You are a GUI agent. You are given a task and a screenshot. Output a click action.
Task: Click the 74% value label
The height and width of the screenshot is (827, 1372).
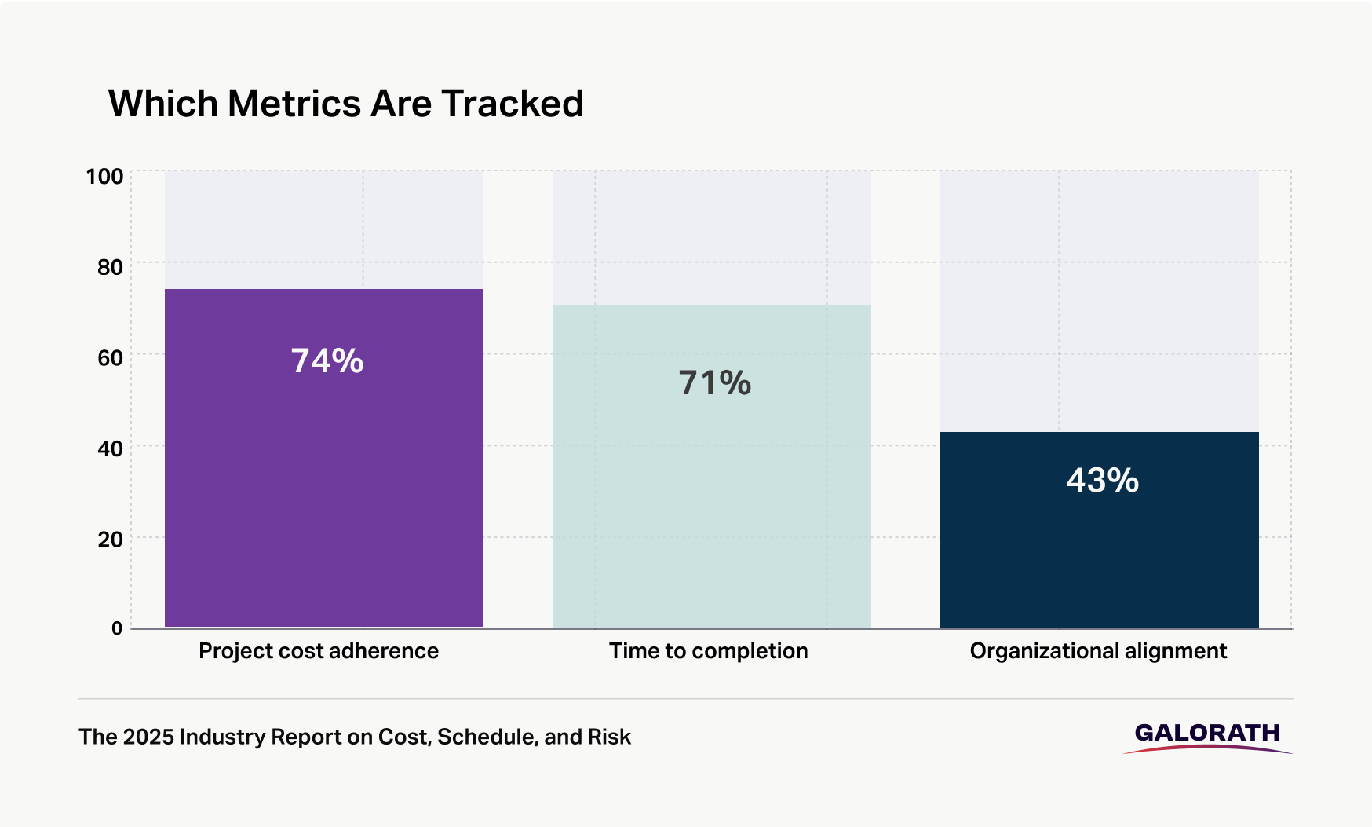click(327, 361)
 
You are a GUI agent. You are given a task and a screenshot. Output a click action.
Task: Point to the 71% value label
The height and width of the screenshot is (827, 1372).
click(715, 383)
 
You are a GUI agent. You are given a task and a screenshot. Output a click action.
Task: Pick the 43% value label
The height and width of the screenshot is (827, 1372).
click(1102, 481)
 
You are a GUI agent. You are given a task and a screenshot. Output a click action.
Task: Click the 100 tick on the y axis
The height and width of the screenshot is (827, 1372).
click(104, 176)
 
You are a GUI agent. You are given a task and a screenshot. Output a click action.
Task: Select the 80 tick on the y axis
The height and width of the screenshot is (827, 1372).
click(110, 267)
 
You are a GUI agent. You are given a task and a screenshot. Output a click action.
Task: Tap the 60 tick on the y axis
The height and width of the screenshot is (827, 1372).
click(110, 358)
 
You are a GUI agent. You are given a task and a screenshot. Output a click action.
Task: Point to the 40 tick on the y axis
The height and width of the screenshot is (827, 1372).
click(110, 448)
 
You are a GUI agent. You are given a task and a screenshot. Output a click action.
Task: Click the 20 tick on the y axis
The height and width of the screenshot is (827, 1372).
click(110, 540)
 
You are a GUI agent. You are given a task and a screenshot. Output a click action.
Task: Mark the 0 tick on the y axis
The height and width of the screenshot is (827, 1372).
click(117, 628)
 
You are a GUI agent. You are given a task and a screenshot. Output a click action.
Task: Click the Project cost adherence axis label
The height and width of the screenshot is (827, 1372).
click(319, 651)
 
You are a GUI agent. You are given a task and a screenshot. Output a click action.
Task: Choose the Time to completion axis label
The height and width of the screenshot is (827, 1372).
click(708, 651)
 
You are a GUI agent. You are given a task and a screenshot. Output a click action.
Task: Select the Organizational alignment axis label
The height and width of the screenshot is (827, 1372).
click(1098, 651)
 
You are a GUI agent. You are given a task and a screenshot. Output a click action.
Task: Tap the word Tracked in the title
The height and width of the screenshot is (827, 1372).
click(512, 104)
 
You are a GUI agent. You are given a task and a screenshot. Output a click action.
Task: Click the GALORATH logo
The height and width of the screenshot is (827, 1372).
click(1207, 736)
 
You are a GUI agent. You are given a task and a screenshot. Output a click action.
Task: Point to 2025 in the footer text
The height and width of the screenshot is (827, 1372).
click(148, 737)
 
